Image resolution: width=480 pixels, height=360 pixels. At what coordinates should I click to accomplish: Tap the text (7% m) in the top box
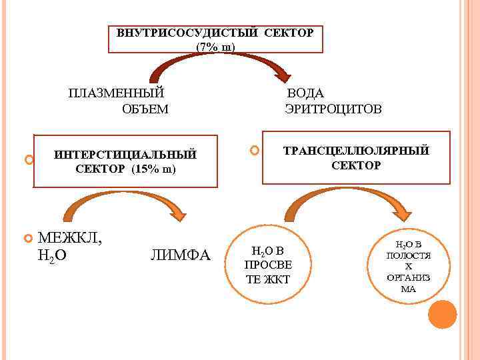click(x=215, y=47)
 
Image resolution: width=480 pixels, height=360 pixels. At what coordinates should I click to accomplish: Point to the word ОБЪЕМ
click(x=145, y=109)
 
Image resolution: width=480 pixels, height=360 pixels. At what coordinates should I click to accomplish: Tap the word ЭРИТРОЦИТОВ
click(x=333, y=109)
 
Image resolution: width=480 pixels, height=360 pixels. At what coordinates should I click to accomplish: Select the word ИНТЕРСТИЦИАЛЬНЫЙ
click(x=125, y=155)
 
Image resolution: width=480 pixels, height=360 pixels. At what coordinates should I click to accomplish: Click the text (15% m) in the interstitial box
click(x=154, y=169)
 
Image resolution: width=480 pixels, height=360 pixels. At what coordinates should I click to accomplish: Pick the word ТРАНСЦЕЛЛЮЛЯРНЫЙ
click(x=356, y=151)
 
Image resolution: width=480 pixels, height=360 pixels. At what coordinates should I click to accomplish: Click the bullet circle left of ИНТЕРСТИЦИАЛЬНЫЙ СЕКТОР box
click(x=28, y=160)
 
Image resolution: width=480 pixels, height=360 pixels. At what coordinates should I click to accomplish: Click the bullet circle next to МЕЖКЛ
click(x=28, y=238)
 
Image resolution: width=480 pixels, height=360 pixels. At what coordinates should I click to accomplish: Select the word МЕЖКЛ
click(x=70, y=237)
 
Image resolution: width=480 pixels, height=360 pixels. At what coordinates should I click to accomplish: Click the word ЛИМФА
click(x=180, y=255)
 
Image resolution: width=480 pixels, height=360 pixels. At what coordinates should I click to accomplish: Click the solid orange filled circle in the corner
click(x=443, y=314)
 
